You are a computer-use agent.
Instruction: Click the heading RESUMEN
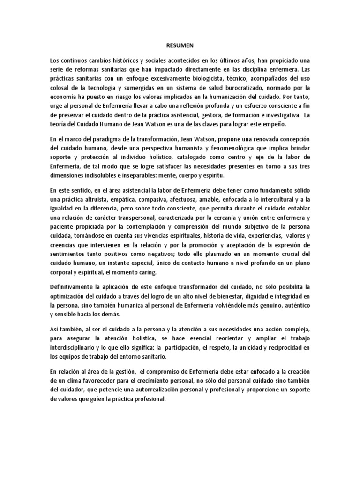tap(180, 47)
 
